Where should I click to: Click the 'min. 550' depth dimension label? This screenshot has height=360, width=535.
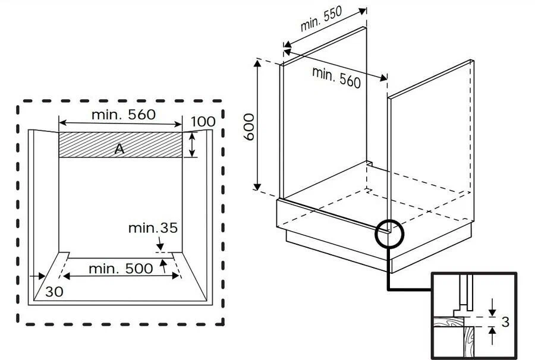[x=321, y=19]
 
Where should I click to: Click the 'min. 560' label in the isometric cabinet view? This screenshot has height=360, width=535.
[x=336, y=78]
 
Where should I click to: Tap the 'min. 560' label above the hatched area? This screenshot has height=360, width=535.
[x=124, y=115]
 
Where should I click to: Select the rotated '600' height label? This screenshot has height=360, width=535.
[x=250, y=127]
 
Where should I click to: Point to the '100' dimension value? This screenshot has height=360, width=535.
[x=203, y=122]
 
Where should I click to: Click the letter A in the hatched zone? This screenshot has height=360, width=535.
[x=119, y=149]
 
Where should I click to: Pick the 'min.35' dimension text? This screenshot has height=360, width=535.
[x=153, y=228]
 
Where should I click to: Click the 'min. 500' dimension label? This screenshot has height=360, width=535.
[x=121, y=269]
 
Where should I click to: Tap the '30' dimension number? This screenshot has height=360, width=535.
[x=54, y=292]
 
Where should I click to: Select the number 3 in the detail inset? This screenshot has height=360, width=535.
[x=505, y=322]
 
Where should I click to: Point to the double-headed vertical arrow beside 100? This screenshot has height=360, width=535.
[x=193, y=144]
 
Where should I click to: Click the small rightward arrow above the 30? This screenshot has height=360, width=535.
[x=37, y=276]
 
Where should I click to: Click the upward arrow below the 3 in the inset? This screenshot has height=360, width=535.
[x=492, y=336]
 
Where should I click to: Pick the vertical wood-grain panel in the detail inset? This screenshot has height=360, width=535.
[x=469, y=341]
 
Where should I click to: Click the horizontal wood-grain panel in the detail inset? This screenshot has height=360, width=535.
[x=448, y=321]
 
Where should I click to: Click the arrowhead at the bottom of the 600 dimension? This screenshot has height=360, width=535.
[x=257, y=186]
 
